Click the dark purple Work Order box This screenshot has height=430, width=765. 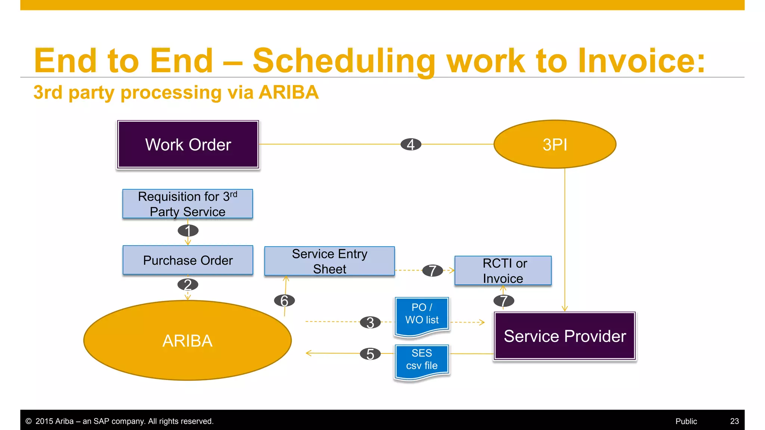pyautogui.click(x=188, y=144)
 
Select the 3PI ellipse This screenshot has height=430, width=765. pyautogui.click(x=555, y=144)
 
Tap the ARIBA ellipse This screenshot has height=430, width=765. pyautogui.click(x=188, y=340)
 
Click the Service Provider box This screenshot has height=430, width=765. pyautogui.click(x=565, y=336)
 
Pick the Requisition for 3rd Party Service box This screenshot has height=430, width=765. pyautogui.click(x=188, y=204)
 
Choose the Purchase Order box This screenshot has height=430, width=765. pyautogui.click(x=188, y=260)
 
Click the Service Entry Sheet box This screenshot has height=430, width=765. pyautogui.click(x=329, y=261)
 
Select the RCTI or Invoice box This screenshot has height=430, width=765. pyautogui.click(x=503, y=271)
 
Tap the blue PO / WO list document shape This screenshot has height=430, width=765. pyautogui.click(x=422, y=315)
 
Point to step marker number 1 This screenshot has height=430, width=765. pyautogui.click(x=188, y=231)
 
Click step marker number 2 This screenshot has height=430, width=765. pyautogui.click(x=188, y=285)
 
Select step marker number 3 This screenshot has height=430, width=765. pyautogui.click(x=370, y=322)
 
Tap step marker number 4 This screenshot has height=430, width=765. pyautogui.click(x=411, y=144)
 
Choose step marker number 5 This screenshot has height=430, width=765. pyautogui.click(x=370, y=354)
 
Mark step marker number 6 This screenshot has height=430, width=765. pyautogui.click(x=284, y=300)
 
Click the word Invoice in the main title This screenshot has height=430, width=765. pyautogui.click(x=641, y=60)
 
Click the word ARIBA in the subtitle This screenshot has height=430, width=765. pyautogui.click(x=289, y=92)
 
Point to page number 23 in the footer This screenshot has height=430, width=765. pyautogui.click(x=734, y=421)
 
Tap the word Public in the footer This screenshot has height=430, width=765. pyautogui.click(x=686, y=421)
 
